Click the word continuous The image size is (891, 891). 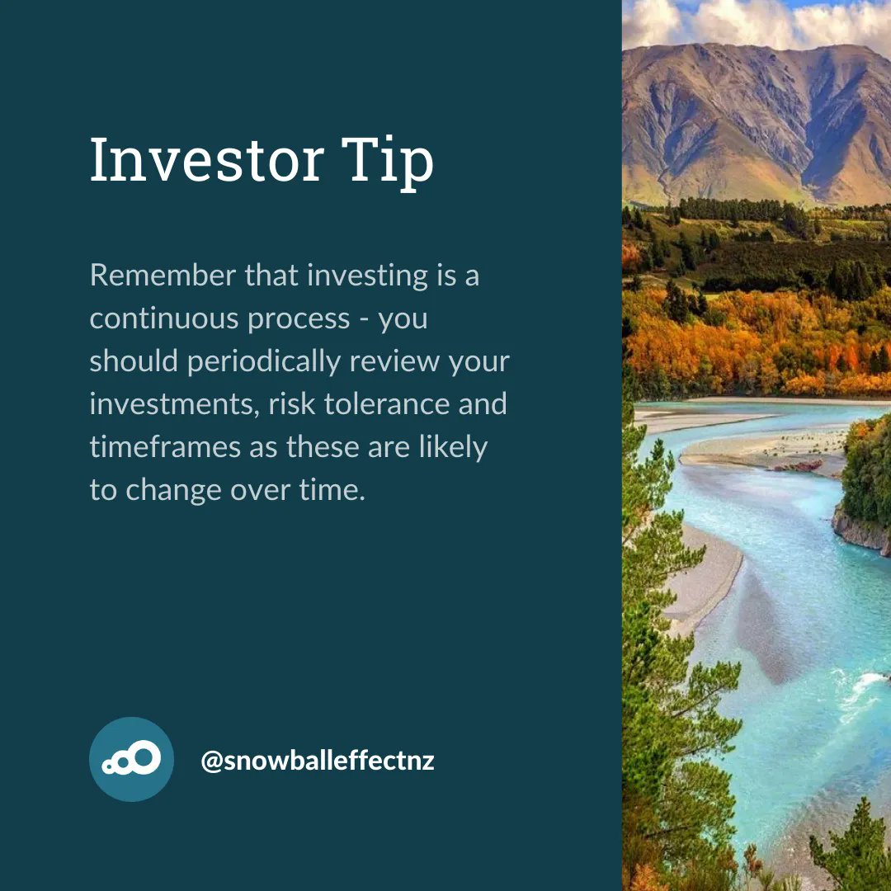point(154,318)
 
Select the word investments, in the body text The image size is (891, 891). point(174,404)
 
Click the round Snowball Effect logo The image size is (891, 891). point(131,759)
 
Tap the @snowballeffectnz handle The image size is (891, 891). point(318,760)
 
